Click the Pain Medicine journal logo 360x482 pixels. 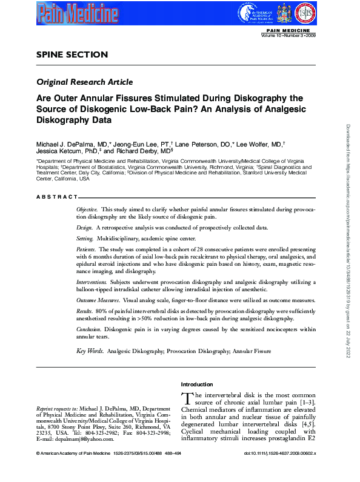pyautogui.click(x=75, y=12)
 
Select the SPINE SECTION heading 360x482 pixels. pyautogui.click(x=72, y=54)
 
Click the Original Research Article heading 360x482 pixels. pyautogui.click(x=84, y=82)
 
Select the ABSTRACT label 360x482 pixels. pyautogui.click(x=57, y=197)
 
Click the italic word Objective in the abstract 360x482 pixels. pyautogui.click(x=88, y=209)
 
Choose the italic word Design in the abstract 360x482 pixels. pyautogui.click(x=84, y=227)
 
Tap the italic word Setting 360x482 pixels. pyautogui.click(x=85, y=240)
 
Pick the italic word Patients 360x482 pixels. pyautogui.click(x=85, y=249)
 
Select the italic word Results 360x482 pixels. pyautogui.click(x=85, y=310)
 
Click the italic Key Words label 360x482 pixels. pyautogui.click(x=90, y=351)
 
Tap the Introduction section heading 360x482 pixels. pyautogui.click(x=197, y=385)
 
